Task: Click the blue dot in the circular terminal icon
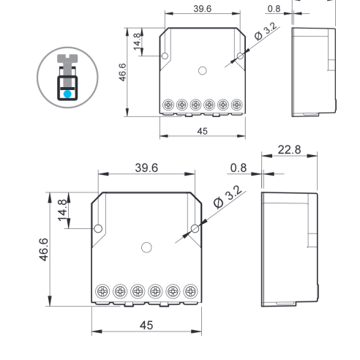[67, 94]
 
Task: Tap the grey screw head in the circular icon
[67, 58]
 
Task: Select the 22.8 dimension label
[289, 149]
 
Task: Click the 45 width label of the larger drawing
[146, 325]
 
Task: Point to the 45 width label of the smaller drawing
[203, 131]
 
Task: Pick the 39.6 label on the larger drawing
[146, 168]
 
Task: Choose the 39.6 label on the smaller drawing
[203, 9]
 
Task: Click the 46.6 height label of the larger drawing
[44, 250]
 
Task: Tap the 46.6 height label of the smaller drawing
[122, 72]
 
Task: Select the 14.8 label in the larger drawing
[62, 210]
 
